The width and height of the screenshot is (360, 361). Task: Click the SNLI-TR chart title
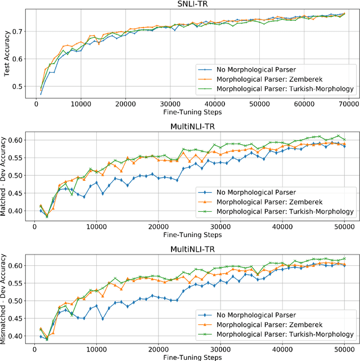point(191,5)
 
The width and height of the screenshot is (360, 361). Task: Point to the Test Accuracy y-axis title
point(6,57)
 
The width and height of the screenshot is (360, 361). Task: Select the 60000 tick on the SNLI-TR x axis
point(304,104)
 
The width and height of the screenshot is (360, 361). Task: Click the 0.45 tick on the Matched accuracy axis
point(18,193)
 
